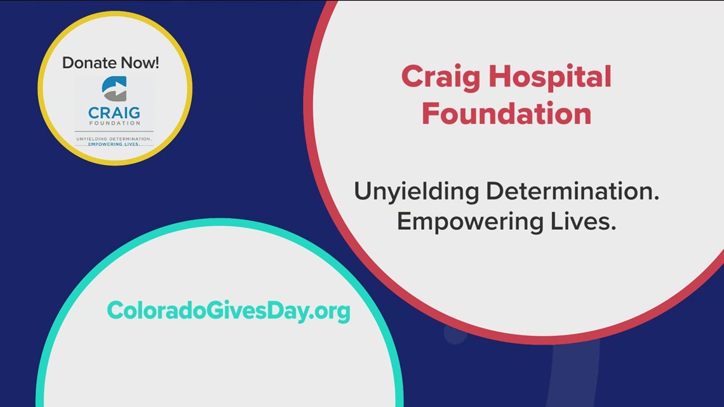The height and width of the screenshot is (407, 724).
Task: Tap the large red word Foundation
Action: pos(506,114)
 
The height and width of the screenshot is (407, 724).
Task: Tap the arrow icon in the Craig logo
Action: pos(114,89)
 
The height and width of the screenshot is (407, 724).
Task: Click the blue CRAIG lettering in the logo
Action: pos(114,114)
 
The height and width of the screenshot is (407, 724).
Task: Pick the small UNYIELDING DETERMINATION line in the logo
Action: pos(114,138)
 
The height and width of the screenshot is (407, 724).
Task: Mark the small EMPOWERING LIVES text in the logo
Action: pos(114,144)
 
